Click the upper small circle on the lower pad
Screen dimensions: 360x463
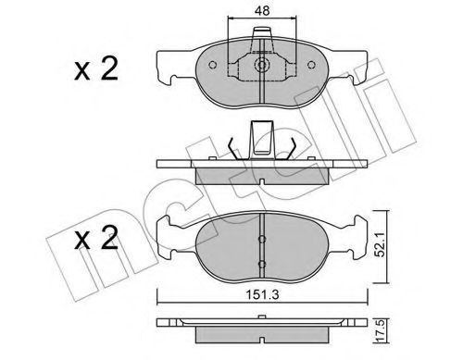pyautogui.click(x=262, y=238)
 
